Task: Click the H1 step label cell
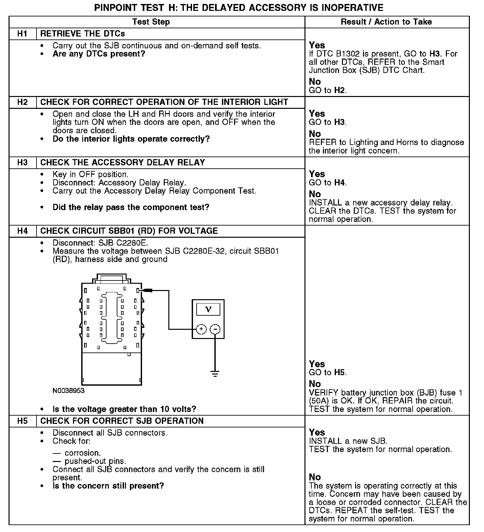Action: [22, 34]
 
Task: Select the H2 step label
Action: [22, 102]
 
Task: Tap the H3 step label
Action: [22, 163]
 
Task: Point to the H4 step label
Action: [22, 231]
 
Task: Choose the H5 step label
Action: [22, 421]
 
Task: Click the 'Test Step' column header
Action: [151, 22]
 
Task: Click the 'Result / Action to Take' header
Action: [386, 22]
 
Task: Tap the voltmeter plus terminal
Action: [201, 329]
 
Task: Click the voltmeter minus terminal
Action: [215, 329]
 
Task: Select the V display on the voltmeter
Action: [208, 309]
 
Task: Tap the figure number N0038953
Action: [68, 391]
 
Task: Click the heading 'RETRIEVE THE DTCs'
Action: [83, 34]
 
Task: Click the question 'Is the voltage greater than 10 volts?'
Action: [124, 409]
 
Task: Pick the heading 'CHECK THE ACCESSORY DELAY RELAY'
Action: [123, 163]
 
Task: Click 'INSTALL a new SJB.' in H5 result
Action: [348, 441]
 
